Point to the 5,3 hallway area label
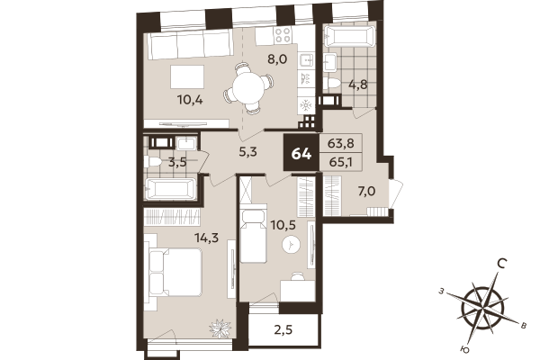pyautogui.click(x=248, y=151)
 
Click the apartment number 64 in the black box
pyautogui.click(x=301, y=152)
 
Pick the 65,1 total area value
pyautogui.click(x=341, y=164)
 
